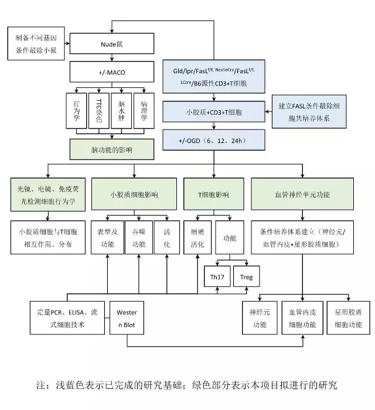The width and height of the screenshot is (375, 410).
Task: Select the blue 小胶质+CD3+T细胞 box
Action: pos(215,110)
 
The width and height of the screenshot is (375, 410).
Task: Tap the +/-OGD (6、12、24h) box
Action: pos(215,141)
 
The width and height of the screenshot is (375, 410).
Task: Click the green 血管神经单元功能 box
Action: pos(301,193)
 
